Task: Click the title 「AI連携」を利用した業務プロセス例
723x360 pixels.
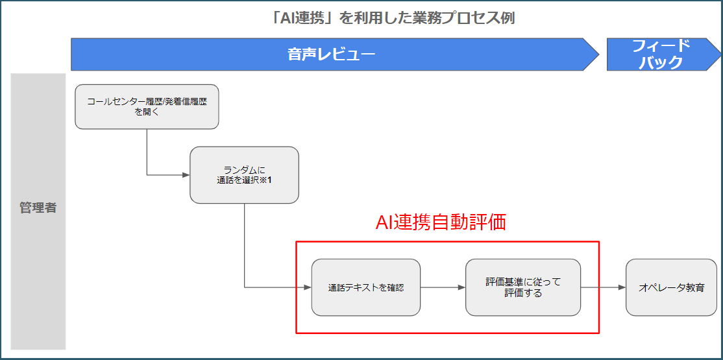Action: (393, 18)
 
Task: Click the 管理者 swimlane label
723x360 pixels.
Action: (38, 208)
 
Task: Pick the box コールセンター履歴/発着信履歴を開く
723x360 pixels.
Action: (147, 106)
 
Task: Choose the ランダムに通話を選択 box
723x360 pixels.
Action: (245, 175)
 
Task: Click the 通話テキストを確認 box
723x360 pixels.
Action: (366, 287)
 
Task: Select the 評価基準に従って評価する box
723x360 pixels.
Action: (523, 287)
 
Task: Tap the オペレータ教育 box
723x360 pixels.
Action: (671, 287)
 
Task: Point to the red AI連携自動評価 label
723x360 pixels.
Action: (441, 222)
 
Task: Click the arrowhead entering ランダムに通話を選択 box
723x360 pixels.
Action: (186, 175)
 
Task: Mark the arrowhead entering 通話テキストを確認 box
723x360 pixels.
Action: (308, 287)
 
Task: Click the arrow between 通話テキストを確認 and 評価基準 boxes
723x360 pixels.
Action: (443, 287)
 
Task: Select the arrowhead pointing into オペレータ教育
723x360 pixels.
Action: (622, 287)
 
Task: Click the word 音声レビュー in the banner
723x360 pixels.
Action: (331, 55)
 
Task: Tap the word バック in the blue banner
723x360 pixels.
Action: (661, 62)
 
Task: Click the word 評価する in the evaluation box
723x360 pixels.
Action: (523, 293)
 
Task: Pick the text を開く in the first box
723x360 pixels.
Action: (147, 112)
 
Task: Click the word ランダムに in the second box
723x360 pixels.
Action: (245, 171)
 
